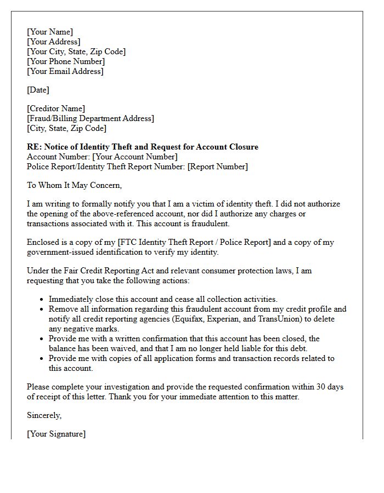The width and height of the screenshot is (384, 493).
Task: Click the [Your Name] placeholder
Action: [50, 32]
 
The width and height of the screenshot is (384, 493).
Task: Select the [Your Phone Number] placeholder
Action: [66, 61]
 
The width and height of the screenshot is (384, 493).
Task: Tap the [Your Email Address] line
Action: [65, 71]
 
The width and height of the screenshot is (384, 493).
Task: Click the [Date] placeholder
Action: [38, 90]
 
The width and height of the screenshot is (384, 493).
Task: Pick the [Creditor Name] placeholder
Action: [56, 108]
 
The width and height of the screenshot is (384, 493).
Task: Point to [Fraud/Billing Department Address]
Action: [91, 118]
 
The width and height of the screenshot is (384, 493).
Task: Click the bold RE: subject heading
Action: [143, 147]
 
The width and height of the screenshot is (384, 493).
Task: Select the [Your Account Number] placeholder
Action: [135, 157]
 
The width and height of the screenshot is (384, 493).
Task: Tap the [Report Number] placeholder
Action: [218, 167]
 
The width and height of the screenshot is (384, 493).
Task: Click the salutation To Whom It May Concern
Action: [74, 185]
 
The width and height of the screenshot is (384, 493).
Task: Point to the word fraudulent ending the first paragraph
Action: [212, 223]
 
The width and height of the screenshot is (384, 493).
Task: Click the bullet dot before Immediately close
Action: [42, 300]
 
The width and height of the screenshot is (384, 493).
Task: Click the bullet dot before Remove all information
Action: [42, 309]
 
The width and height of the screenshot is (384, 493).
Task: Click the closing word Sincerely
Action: [44, 415]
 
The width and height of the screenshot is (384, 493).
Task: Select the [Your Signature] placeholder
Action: [56, 434]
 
